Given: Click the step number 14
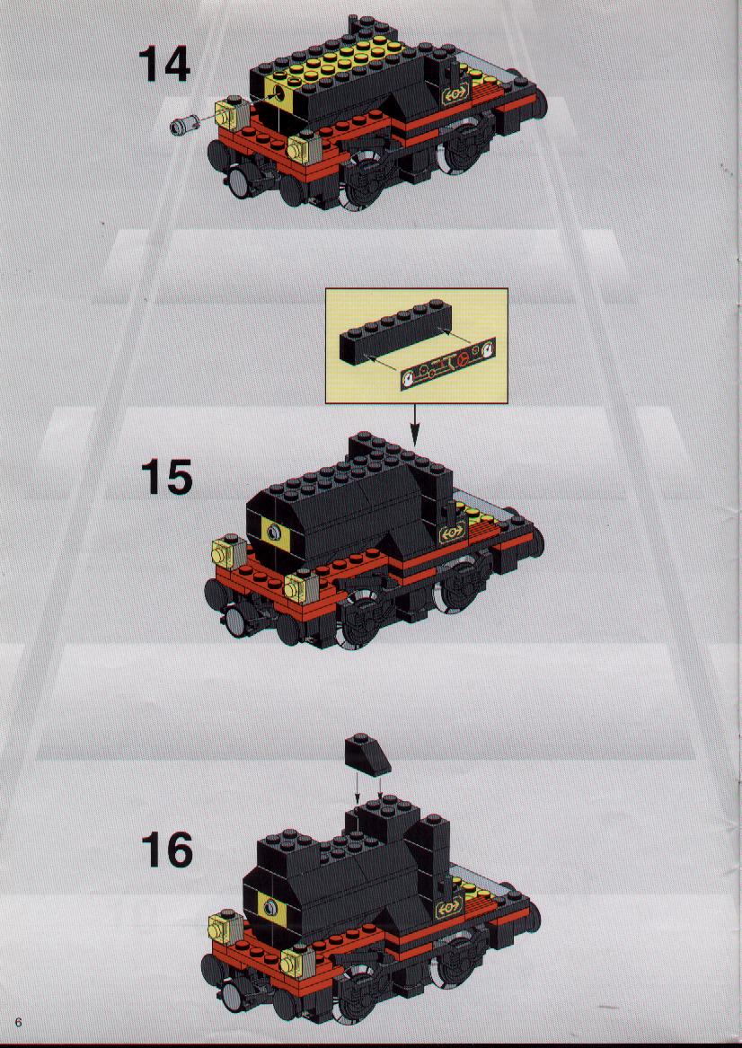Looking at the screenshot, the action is [x=164, y=64].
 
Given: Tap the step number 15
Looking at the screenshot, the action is [x=166, y=477].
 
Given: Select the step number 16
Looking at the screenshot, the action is [x=166, y=850].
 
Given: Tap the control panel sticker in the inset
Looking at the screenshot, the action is [x=448, y=364].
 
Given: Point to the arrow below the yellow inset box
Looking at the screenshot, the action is [x=415, y=425].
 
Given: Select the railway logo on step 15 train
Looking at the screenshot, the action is [x=452, y=532].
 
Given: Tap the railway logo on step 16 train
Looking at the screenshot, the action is [x=448, y=909].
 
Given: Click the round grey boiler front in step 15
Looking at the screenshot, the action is [x=273, y=532].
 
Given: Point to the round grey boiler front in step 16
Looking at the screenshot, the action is [x=269, y=907].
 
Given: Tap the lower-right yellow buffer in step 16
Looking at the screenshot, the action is [x=297, y=961].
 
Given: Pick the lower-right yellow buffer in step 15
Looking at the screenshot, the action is [x=302, y=586].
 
